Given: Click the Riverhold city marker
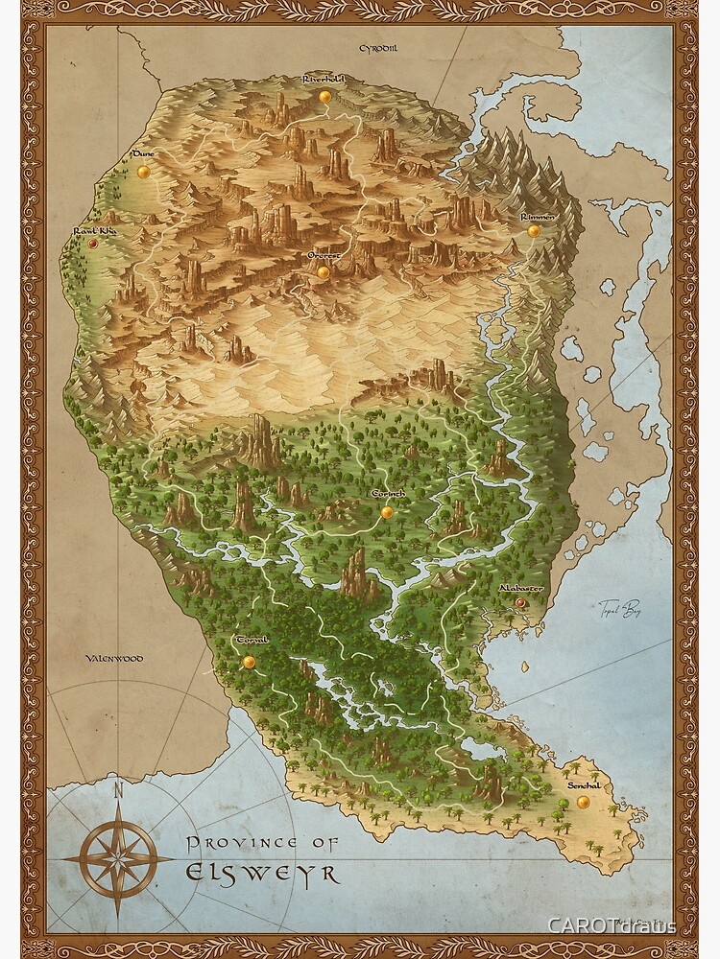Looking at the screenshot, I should pyautogui.click(x=325, y=96).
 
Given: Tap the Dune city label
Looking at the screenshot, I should pyautogui.click(x=143, y=153).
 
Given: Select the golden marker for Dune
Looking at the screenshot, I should pyautogui.click(x=144, y=172).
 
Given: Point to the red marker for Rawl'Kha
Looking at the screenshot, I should pyautogui.click(x=93, y=244).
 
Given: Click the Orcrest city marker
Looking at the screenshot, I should pyautogui.click(x=324, y=272).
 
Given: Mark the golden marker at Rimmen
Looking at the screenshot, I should pyautogui.click(x=534, y=231).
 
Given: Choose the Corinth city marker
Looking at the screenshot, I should pyautogui.click(x=387, y=512).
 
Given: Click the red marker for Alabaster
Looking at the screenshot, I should pyautogui.click(x=520, y=602).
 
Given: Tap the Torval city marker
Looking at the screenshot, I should pyautogui.click(x=249, y=662).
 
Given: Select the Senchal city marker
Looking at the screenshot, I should pyautogui.click(x=583, y=802).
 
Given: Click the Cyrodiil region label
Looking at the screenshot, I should pyautogui.click(x=377, y=48).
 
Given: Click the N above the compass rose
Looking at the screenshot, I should pyautogui.click(x=118, y=791).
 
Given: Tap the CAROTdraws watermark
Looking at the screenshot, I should pyautogui.click(x=612, y=925).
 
